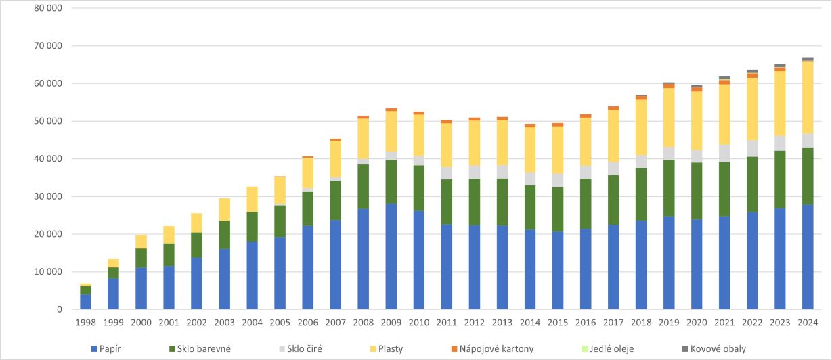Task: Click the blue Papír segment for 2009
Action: (391, 256)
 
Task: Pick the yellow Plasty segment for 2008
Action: (363, 139)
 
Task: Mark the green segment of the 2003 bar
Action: (224, 235)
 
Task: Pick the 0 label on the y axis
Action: (60, 309)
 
